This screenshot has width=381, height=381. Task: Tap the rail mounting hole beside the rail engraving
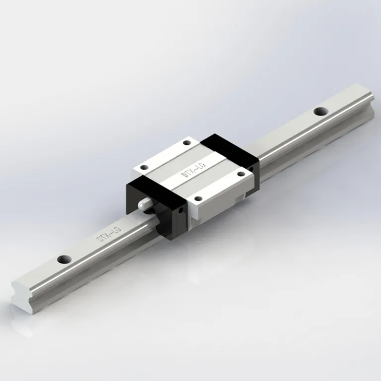[63, 259]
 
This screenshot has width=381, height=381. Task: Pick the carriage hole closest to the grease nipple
[144, 168]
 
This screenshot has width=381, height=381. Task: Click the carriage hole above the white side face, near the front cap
[198, 199]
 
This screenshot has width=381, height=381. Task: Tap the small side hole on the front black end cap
[181, 210]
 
